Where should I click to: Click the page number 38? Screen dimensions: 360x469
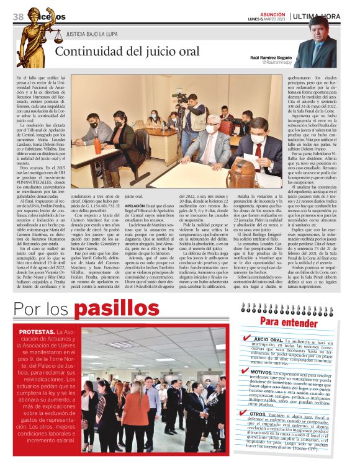(18, 16)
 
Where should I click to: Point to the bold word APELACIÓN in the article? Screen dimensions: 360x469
(135, 204)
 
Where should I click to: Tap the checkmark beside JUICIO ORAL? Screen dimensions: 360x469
(247, 338)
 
